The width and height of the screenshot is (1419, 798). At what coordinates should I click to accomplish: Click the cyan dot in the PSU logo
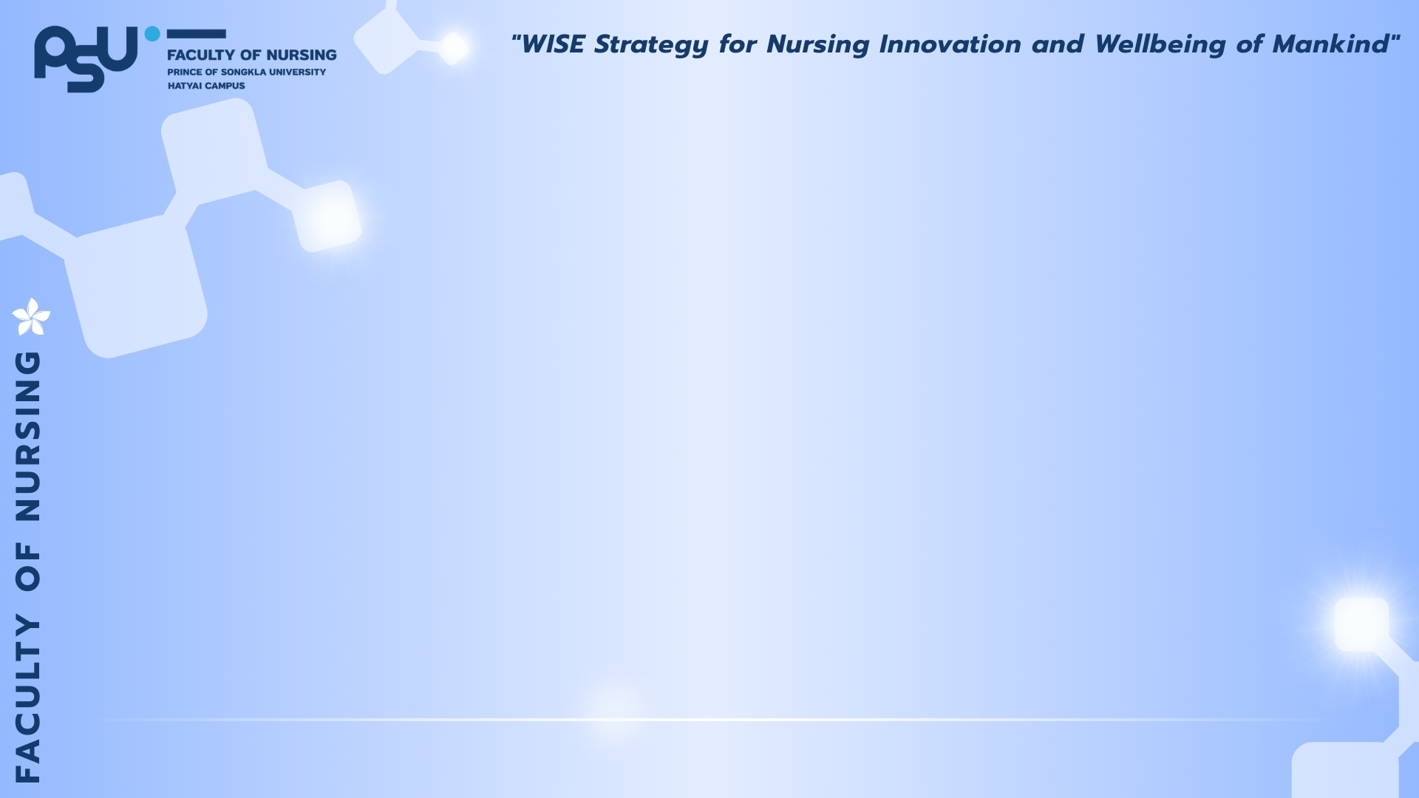(x=152, y=34)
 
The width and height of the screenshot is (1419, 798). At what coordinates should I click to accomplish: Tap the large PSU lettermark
(x=86, y=59)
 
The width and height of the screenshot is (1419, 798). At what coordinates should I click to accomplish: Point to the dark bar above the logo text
(x=196, y=34)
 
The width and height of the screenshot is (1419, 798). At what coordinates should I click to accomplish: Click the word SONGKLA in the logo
(x=243, y=72)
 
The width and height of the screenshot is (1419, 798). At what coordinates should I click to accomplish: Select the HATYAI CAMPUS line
(x=206, y=86)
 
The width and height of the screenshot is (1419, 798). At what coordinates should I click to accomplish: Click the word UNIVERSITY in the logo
(x=297, y=72)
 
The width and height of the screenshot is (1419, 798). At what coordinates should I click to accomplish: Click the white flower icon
(x=31, y=317)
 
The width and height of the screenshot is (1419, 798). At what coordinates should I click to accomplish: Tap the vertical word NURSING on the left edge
(x=28, y=436)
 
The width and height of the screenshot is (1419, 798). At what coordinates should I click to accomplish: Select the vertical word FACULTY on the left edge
(x=28, y=698)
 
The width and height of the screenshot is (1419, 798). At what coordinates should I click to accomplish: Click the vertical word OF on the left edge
(x=28, y=567)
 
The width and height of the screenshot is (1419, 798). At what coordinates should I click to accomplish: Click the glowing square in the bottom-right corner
(x=1361, y=625)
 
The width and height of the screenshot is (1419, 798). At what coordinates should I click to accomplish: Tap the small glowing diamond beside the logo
(x=453, y=48)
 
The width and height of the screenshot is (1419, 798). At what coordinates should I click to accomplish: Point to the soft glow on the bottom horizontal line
(x=613, y=711)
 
